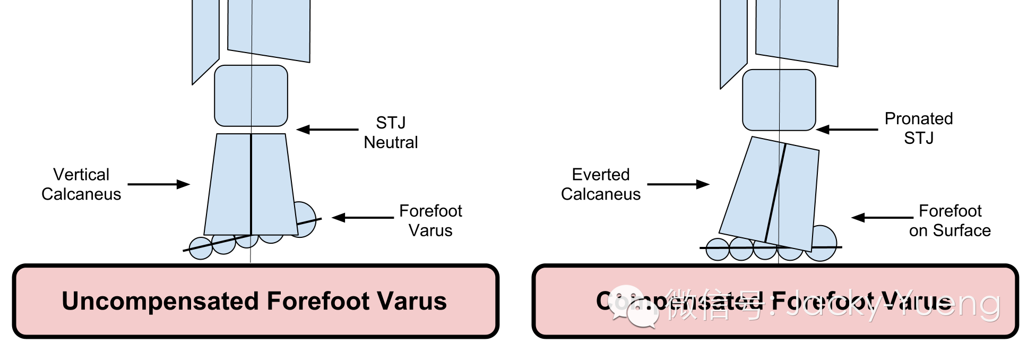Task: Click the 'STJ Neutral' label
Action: coord(391,133)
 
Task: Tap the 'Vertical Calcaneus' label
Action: coord(81,184)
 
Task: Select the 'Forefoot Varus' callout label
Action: coord(430,220)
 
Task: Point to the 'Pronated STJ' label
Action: coord(919,128)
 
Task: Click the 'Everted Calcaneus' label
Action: coord(601,184)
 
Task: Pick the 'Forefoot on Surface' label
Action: coord(950,220)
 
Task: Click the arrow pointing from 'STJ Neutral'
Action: coord(327,129)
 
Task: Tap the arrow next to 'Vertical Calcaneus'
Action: coord(159,184)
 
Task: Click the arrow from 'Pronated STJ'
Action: coord(847,129)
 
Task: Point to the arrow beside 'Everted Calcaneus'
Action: coord(678,184)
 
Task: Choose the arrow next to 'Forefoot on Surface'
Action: coord(882,217)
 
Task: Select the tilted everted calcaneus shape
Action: coord(770,194)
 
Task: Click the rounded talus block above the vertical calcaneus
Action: coord(251,96)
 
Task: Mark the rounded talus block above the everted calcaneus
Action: coord(779,100)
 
